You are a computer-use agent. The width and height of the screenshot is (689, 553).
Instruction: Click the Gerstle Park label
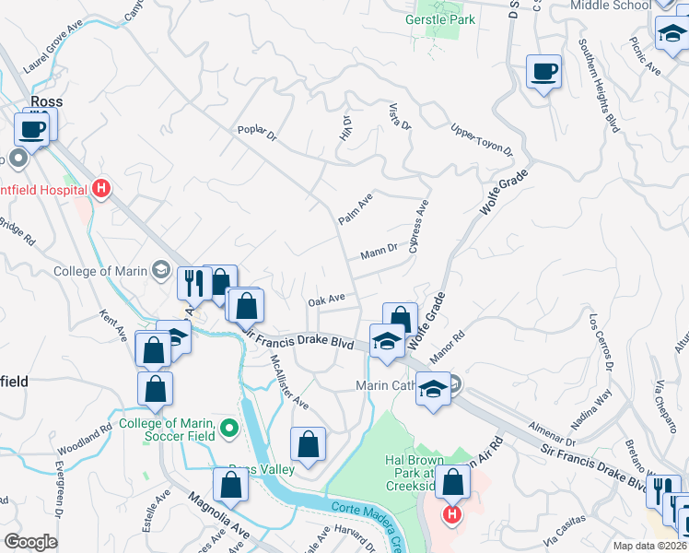point(439,18)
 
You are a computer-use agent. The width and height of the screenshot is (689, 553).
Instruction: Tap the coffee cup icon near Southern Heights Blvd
point(543,72)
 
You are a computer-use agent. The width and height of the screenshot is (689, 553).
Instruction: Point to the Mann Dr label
point(378,249)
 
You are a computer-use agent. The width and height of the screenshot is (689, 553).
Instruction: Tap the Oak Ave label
point(326,300)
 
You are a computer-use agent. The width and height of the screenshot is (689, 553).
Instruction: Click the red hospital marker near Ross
point(101,190)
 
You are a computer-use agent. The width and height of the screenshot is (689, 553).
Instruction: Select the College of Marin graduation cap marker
point(161,270)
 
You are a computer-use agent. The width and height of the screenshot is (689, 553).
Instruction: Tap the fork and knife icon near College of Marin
point(193,282)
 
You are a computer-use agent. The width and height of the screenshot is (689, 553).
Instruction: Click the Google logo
point(29,542)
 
